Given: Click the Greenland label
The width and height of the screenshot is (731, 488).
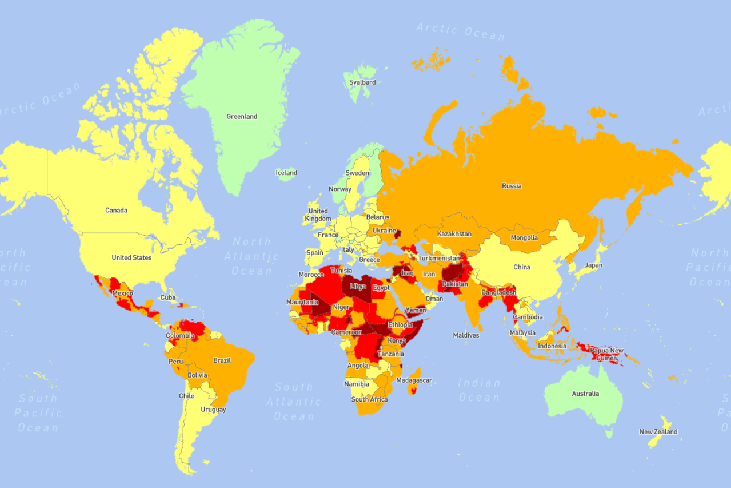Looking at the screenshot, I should tap(242, 117).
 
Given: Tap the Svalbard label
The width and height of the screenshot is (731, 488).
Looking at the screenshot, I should tap(362, 82).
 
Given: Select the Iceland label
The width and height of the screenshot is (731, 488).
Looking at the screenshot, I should tap(286, 173).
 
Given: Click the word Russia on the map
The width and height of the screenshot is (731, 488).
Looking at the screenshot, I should tap(512, 186).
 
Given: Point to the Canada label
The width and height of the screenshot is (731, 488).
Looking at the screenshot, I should tap(116, 211).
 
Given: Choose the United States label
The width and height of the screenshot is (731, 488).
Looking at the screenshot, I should tap(131, 258).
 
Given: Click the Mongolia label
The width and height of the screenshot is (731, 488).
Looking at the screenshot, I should tap(524, 238).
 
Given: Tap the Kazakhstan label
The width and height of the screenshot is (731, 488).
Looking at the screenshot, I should tap(454, 234).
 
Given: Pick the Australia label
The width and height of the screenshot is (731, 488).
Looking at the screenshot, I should tap(585, 394).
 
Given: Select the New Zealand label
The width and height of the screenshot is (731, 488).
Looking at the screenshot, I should tap(658, 432).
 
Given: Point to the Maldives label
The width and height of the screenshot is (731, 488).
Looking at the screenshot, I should tap(466, 335).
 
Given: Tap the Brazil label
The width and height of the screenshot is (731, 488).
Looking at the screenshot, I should tap(222, 360).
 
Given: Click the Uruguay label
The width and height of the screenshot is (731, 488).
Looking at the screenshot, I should tap(213, 410).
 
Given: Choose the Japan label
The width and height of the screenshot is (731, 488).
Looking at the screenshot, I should tap(593, 265).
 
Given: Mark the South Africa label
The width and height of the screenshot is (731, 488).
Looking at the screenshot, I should tap(369, 399).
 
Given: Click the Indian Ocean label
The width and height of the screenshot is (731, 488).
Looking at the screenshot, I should tap(479, 390).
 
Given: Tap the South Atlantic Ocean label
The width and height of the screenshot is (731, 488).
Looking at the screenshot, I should tap(294, 402).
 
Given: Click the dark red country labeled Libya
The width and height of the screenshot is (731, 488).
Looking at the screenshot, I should tap(358, 287).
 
